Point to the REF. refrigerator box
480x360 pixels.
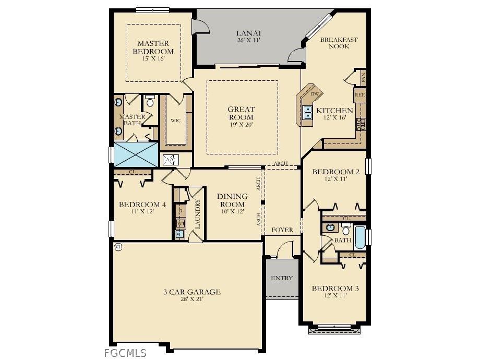pos(359,95)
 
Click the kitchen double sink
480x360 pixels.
pos(308,112)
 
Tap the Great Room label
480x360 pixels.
pos(241,113)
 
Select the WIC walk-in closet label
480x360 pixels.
pos(176,121)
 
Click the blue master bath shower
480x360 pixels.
pos(136,153)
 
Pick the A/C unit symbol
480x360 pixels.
pos(171,160)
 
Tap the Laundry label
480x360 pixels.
pos(197,214)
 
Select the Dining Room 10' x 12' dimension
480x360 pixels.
pos(232,212)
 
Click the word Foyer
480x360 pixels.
pos(282,230)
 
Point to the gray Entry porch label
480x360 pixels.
pos(282,278)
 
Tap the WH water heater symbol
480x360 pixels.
pos(118,247)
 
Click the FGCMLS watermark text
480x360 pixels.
pos(125,353)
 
